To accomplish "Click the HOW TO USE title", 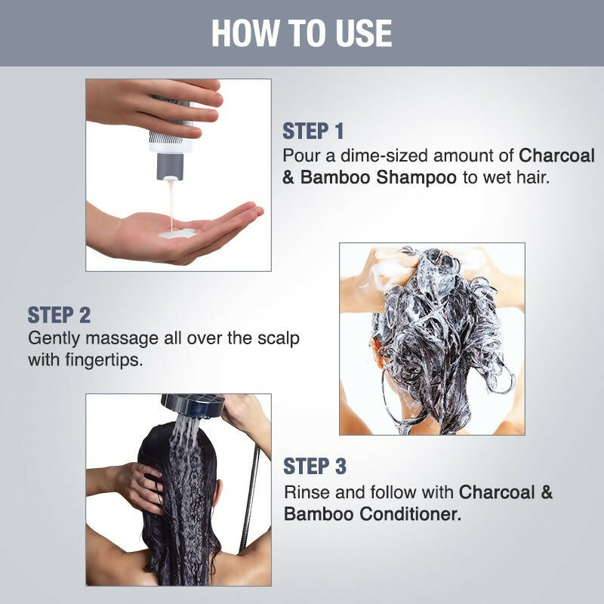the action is (x=301, y=33).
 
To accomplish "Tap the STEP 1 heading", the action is (x=313, y=131).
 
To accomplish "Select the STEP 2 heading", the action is (x=59, y=315).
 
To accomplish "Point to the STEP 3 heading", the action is (x=315, y=467).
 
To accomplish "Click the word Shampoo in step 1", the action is (x=417, y=178).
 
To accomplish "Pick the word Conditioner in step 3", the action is (x=411, y=514).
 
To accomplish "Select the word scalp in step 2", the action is (x=278, y=338).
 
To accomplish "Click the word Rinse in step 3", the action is (x=307, y=492).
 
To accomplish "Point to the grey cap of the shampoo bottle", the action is (x=170, y=166).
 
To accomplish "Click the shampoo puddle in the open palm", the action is (x=177, y=233).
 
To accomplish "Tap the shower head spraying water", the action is (x=192, y=405).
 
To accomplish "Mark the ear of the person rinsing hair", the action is (x=216, y=498).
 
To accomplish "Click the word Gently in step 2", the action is (x=54, y=339).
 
